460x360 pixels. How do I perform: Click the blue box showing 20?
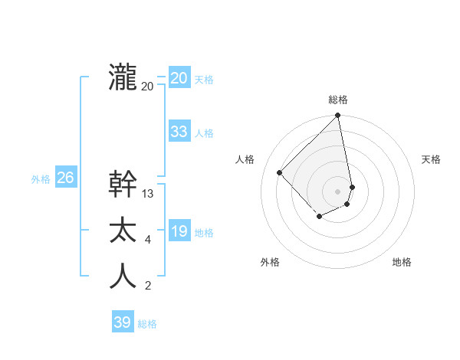[x=179, y=78]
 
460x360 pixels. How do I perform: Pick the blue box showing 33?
[x=179, y=132]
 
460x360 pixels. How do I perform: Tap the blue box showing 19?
[x=179, y=231]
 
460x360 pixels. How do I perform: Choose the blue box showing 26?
[x=65, y=178]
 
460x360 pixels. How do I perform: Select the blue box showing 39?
[x=122, y=322]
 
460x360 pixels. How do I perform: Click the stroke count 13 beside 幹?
[x=148, y=194]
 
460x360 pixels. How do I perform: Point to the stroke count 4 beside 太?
[x=148, y=241]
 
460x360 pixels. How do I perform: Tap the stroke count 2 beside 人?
[x=148, y=287]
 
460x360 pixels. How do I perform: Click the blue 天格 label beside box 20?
[x=204, y=80]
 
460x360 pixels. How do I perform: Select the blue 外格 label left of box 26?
[x=41, y=179]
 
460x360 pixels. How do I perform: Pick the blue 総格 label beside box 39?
[x=147, y=324]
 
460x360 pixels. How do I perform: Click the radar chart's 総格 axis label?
[x=338, y=100]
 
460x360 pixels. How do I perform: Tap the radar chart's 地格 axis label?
[x=402, y=262]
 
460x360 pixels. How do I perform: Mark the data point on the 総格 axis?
[x=337, y=116]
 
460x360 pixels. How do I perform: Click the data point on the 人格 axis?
[x=280, y=172]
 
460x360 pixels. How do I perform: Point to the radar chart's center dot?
[x=337, y=191]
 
